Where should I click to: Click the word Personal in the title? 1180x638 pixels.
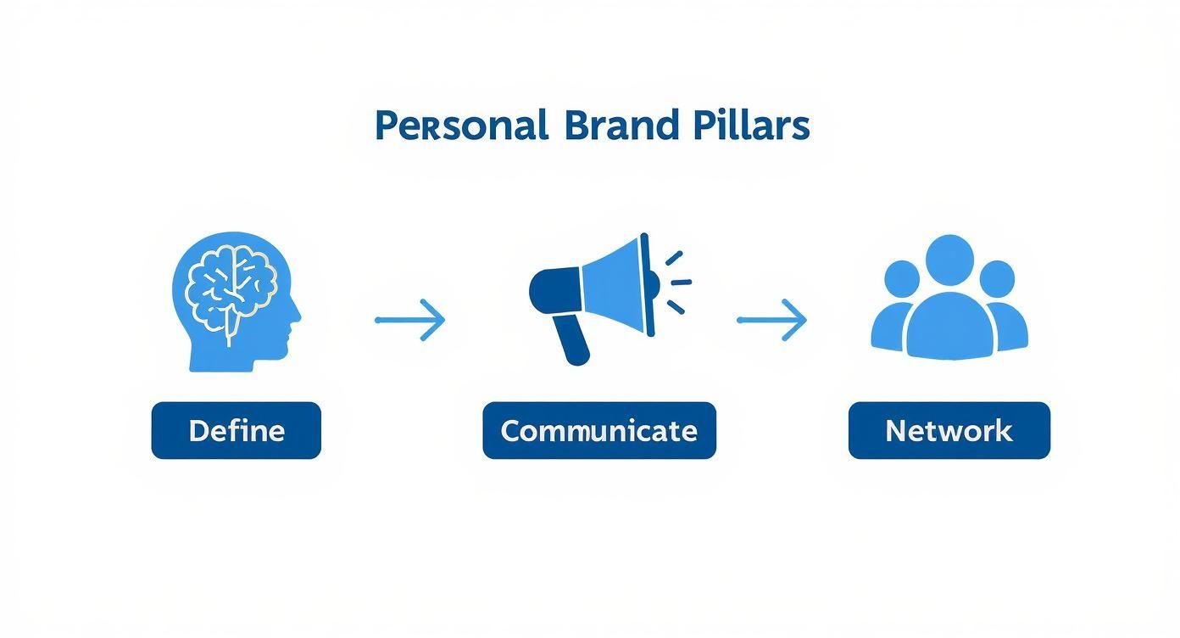coord(460,126)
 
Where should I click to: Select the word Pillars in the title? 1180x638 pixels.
coord(750,126)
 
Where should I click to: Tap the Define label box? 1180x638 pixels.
coord(236,431)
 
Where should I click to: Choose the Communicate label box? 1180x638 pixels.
coord(598,431)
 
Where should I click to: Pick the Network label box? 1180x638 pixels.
coord(949,431)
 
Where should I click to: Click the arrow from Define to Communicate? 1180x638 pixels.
coord(410,320)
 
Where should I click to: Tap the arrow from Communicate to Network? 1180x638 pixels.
coord(771,320)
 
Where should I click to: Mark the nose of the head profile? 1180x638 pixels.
coord(298,320)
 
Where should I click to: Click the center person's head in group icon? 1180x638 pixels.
coord(949,260)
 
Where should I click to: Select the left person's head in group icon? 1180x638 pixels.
coord(901,279)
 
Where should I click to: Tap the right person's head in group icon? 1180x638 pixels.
coord(997,279)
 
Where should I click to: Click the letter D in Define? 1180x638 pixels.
coord(198,431)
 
